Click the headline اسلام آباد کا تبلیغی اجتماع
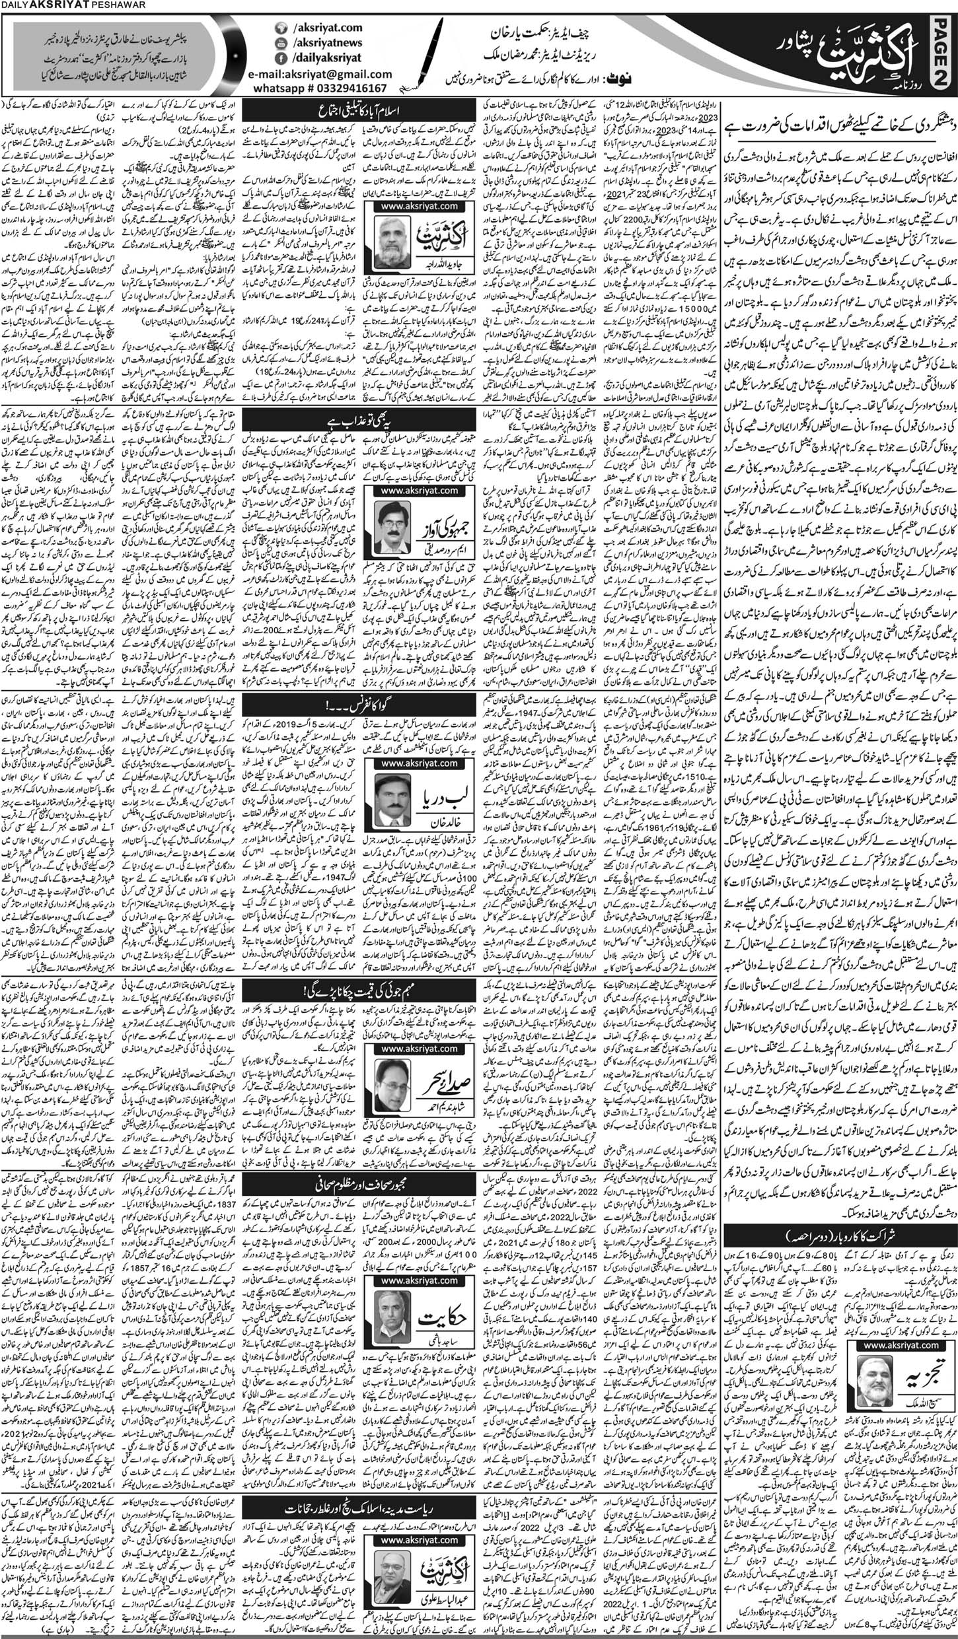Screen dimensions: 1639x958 361,108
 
